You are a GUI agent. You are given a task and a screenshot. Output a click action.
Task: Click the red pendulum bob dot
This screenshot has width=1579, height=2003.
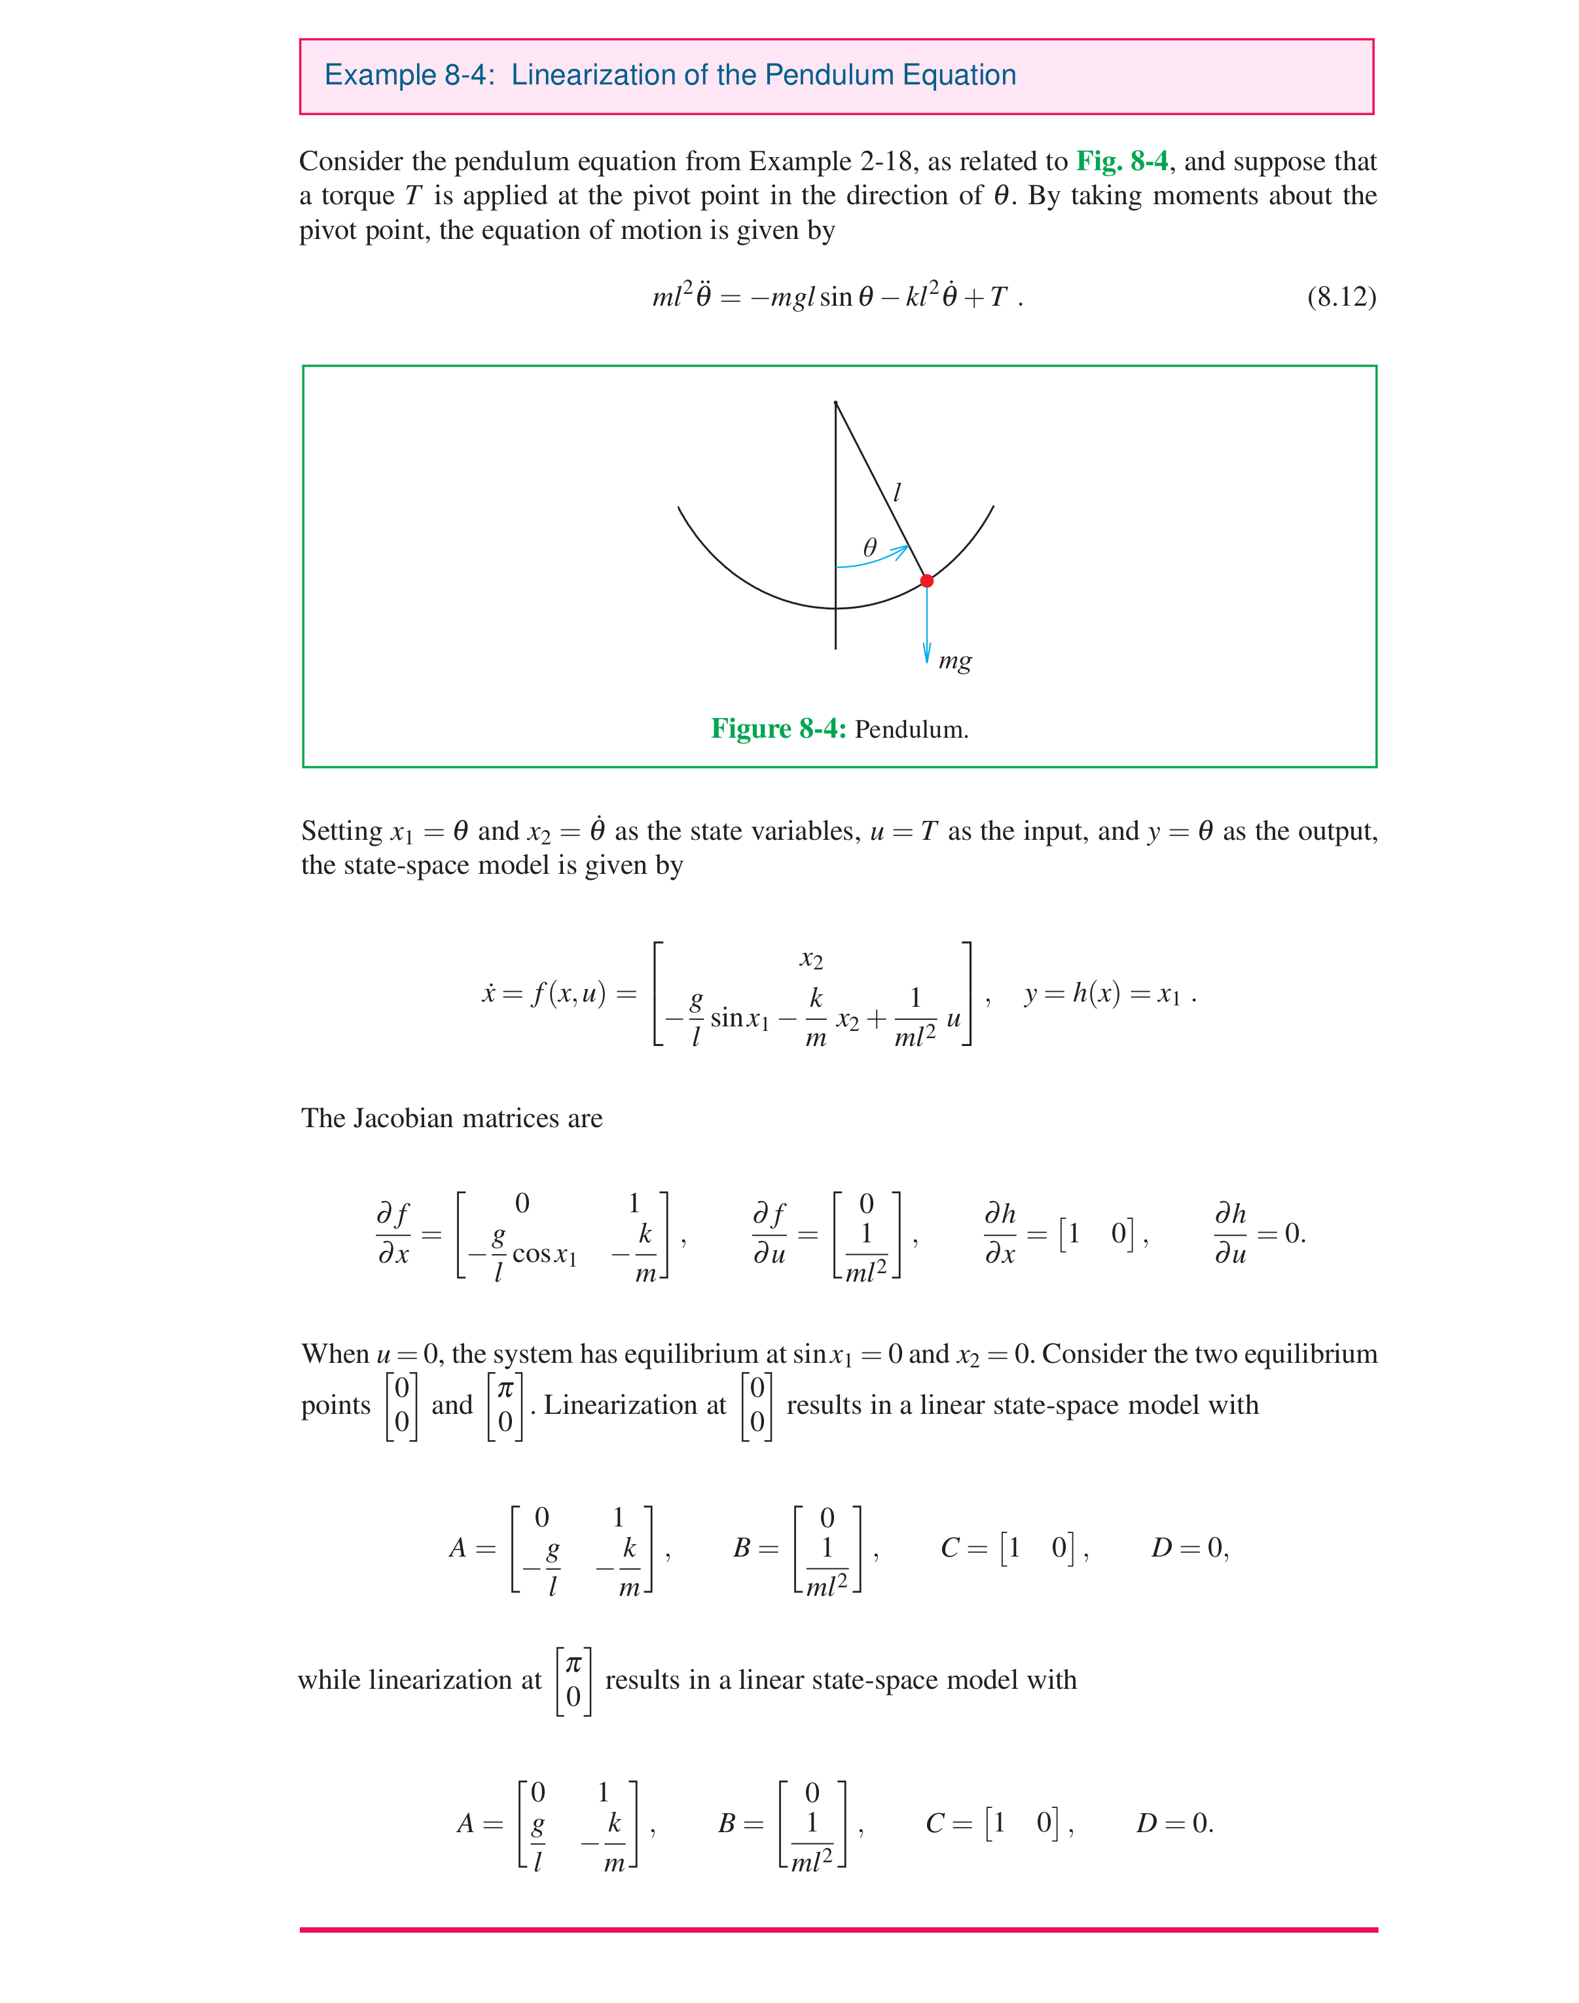926,581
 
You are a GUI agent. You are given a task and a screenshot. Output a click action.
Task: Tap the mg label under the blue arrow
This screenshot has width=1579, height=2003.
955,661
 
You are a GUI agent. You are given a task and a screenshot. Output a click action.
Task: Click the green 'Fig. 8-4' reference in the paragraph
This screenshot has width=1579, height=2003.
1121,162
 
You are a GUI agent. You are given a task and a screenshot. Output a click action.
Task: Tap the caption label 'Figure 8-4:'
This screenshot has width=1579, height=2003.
778,729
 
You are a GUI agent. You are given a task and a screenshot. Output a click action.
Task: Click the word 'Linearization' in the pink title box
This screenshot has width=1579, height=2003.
594,75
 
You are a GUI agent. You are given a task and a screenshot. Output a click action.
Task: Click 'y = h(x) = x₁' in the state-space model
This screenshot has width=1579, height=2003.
1103,994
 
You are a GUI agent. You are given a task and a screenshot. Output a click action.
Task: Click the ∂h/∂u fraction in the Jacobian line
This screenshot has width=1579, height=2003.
1231,1233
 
